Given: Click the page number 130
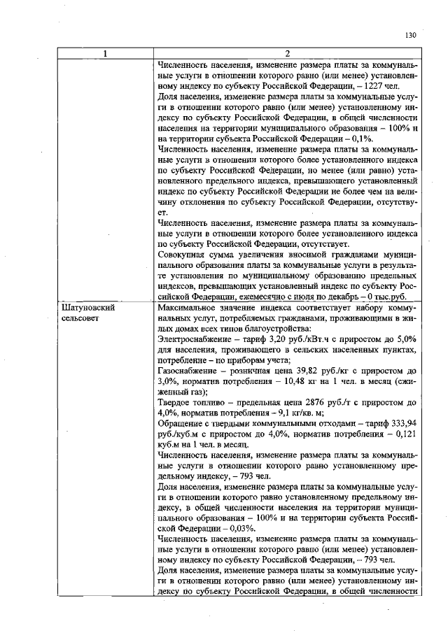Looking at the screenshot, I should click(410, 34).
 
